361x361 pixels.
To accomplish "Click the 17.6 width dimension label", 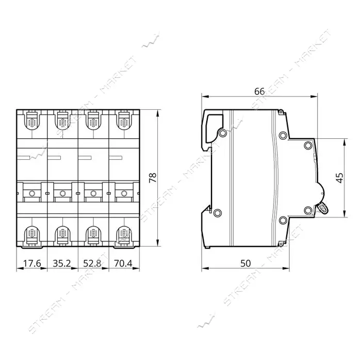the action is point(32,263).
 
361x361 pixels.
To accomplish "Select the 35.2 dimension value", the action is point(62,263).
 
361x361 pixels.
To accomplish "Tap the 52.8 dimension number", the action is point(92,263).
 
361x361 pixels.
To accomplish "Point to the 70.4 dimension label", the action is point(123,263).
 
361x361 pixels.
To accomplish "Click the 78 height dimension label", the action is point(153,177).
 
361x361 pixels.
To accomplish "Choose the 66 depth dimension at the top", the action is point(259,91).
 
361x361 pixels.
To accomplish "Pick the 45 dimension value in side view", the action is point(340,178).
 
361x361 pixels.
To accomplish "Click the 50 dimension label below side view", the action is point(245,263).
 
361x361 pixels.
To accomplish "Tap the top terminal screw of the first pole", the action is point(32,122).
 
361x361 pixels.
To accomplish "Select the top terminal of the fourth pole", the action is point(124,122).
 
